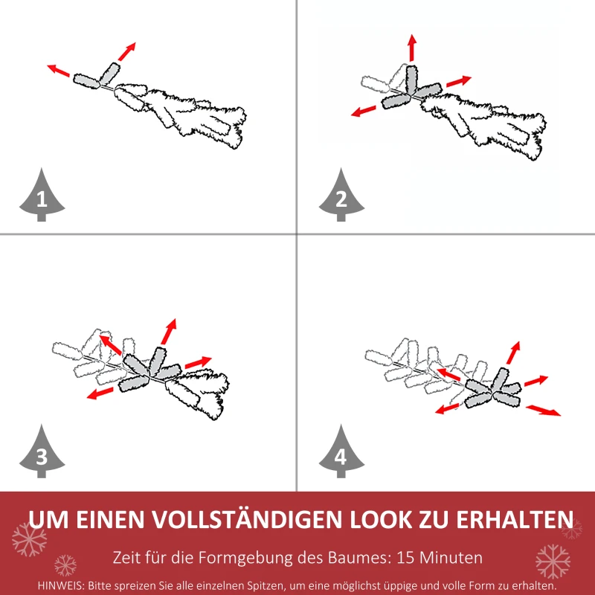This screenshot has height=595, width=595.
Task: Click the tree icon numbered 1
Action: [41, 196]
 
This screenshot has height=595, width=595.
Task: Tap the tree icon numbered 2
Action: [341, 196]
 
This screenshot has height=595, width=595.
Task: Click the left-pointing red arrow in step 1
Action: [59, 71]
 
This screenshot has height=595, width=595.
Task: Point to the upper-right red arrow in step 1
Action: [127, 51]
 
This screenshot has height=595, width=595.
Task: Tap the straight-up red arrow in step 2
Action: [411, 48]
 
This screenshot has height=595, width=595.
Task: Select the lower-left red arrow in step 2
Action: [364, 111]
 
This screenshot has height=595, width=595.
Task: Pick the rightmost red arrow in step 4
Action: [544, 410]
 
